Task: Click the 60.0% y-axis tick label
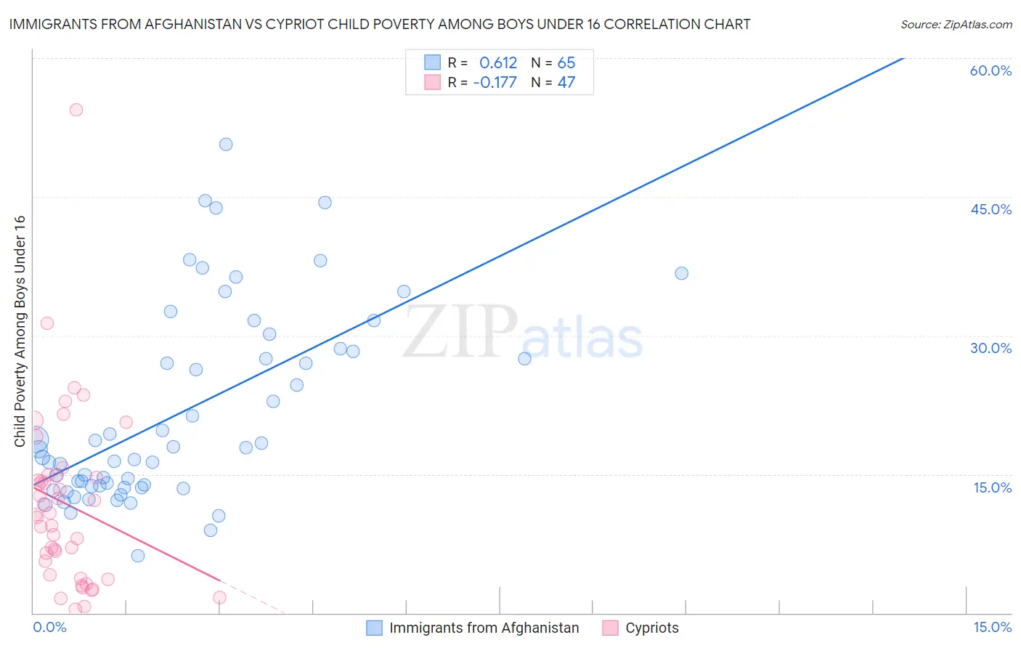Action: (x=991, y=70)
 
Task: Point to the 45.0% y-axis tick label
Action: (x=991, y=209)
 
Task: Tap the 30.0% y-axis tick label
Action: (x=991, y=348)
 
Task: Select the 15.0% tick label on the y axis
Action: (x=992, y=487)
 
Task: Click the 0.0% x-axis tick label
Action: (x=49, y=627)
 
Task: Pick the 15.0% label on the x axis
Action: (x=992, y=627)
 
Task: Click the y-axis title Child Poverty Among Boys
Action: (x=20, y=331)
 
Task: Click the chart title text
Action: (x=380, y=24)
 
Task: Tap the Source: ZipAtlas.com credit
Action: (x=956, y=24)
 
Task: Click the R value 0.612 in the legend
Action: (x=498, y=63)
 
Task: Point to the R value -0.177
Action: (x=495, y=82)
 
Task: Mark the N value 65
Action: (x=566, y=63)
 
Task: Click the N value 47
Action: (x=566, y=82)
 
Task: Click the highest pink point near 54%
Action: (x=76, y=110)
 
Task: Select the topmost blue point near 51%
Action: (x=226, y=145)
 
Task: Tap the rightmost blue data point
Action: (x=681, y=273)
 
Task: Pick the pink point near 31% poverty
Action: (x=47, y=323)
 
